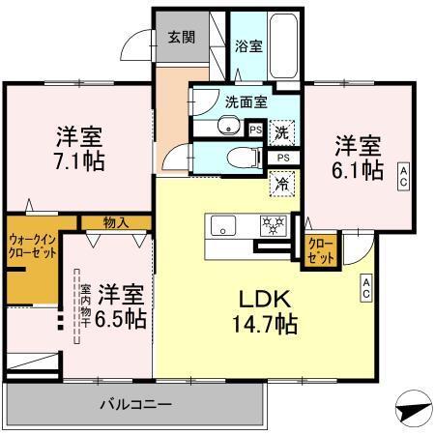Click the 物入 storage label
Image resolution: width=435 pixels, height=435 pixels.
[116, 223]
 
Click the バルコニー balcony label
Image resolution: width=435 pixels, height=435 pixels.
[135, 403]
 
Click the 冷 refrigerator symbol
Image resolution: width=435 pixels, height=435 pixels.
[278, 180]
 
